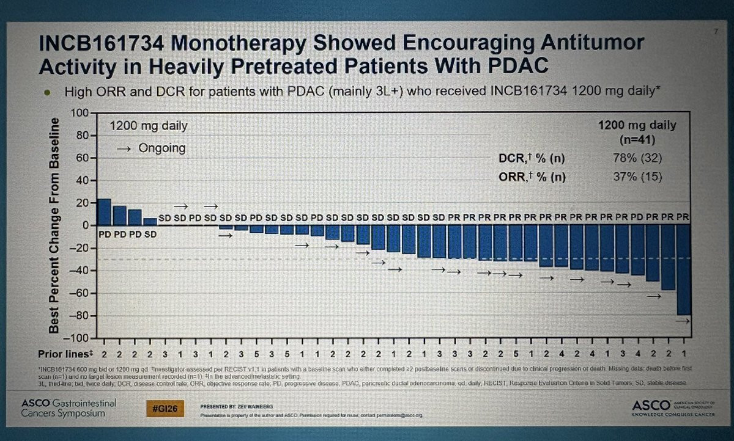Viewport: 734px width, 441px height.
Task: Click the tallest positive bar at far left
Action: [105, 212]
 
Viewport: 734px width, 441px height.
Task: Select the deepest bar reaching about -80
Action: [684, 269]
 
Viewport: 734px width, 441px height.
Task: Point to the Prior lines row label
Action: [63, 354]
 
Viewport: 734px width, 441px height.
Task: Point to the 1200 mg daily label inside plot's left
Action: [149, 126]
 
